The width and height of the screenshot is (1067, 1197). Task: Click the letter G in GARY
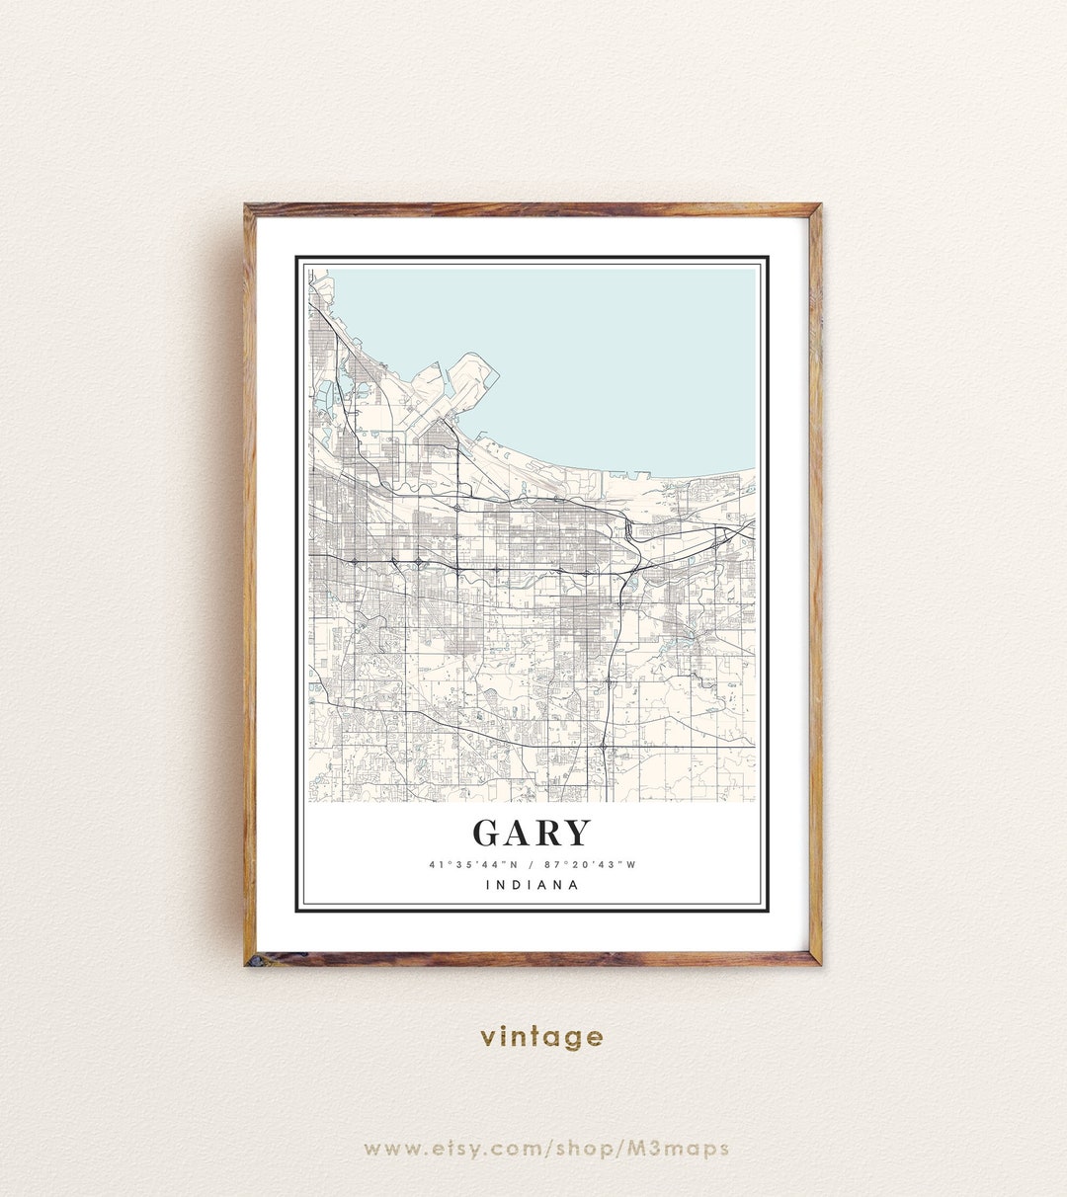tap(490, 834)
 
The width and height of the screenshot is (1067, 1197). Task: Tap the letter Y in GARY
tap(575, 834)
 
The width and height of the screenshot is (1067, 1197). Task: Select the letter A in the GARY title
tap(519, 834)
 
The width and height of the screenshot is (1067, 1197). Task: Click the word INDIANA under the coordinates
tap(533, 885)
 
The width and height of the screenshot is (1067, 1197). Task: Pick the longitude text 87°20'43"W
tap(590, 865)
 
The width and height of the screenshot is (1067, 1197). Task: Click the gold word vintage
tap(541, 1037)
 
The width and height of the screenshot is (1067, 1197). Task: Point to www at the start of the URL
tap(385, 1149)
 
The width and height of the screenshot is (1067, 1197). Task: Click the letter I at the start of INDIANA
tap(489, 885)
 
